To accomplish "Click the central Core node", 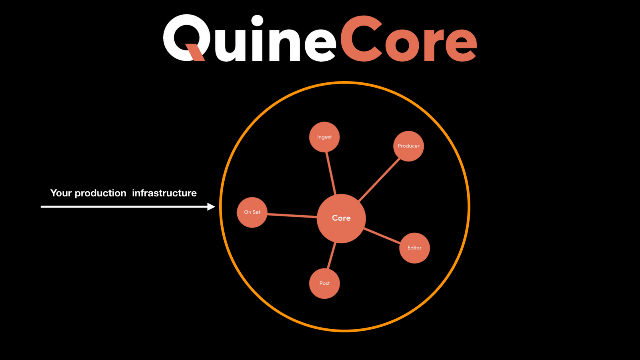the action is [x=341, y=218].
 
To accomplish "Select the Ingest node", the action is [x=324, y=137].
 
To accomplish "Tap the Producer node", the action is [x=408, y=146].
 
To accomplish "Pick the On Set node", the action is [x=252, y=212].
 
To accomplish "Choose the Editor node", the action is [x=414, y=248].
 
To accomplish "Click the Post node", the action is [x=324, y=284].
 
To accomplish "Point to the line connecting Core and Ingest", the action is [x=331, y=173].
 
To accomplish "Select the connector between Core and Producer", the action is [x=379, y=180].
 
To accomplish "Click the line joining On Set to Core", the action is [x=292, y=216].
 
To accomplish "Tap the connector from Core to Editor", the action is [x=382, y=236].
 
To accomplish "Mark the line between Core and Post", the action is [x=331, y=256].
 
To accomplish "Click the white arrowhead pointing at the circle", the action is [x=211, y=206].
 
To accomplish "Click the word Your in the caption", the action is [x=61, y=193].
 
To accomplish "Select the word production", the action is [x=100, y=194].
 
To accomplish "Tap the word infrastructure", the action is [x=164, y=193].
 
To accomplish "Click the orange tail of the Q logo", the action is [x=195, y=52].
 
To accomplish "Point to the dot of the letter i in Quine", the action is [x=257, y=21].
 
